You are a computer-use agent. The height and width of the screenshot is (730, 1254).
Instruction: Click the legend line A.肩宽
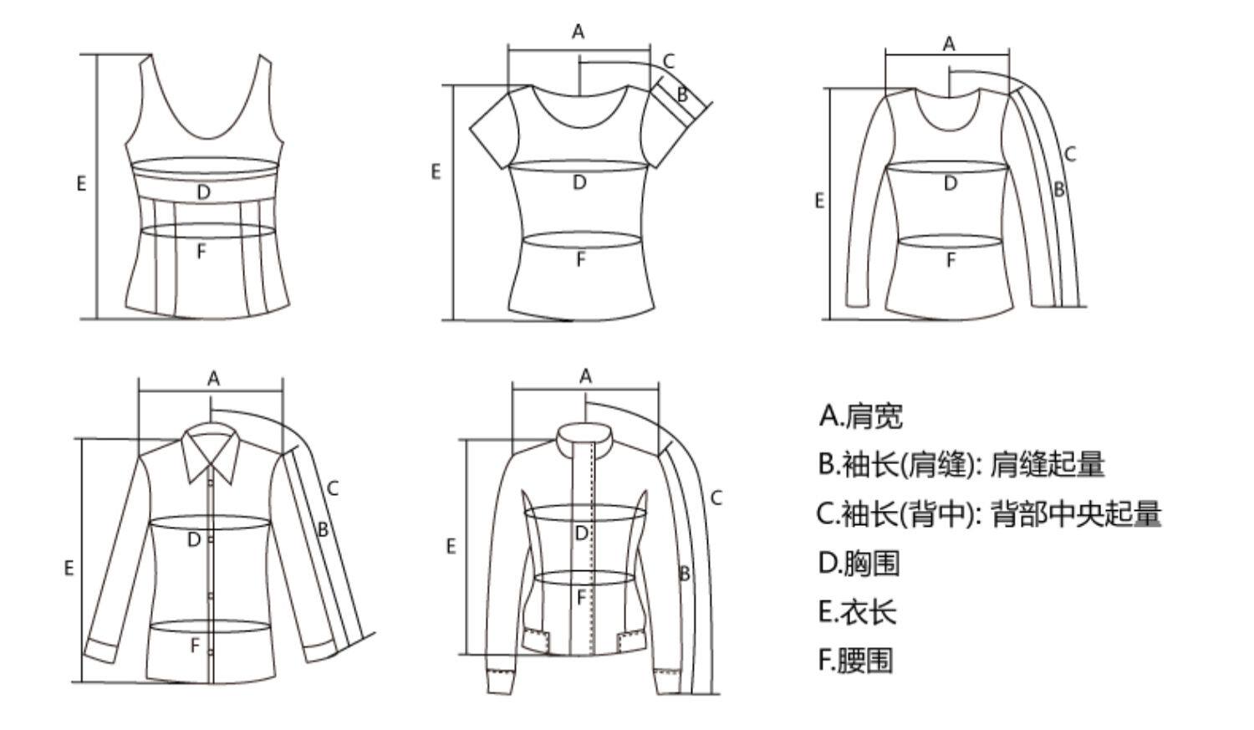coord(861,416)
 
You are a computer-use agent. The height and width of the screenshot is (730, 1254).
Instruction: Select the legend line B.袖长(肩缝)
coord(961,464)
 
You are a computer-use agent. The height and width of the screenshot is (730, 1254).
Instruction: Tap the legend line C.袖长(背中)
coord(989,513)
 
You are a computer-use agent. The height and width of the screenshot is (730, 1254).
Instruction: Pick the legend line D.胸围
coord(859,563)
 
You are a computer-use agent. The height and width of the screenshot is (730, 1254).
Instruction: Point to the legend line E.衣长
coord(858,612)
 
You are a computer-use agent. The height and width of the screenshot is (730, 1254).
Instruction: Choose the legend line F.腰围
coord(856,661)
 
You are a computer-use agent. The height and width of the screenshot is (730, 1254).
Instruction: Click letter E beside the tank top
coord(81,183)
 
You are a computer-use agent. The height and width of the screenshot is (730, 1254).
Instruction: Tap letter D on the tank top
coord(203,192)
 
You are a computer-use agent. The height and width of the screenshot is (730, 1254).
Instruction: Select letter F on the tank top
coord(201,250)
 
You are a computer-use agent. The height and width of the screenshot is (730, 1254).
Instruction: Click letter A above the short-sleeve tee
coord(578,33)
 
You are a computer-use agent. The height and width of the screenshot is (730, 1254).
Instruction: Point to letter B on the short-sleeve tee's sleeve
coord(682,94)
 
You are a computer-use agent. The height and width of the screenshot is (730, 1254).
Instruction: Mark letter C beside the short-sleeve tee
coord(669,61)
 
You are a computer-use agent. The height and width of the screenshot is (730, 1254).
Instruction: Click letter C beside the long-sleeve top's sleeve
coord(1070,154)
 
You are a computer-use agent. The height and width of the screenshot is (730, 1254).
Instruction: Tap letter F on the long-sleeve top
coord(951,261)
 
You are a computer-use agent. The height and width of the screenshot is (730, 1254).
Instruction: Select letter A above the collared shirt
coord(213,379)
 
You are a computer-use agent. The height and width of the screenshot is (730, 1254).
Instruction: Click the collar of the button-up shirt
coord(211,452)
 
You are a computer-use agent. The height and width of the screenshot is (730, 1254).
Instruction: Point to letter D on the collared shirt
coord(194,540)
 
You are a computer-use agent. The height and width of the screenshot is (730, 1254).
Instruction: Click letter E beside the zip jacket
coord(451,547)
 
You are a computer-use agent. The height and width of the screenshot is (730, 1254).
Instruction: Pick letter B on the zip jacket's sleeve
coord(685,574)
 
